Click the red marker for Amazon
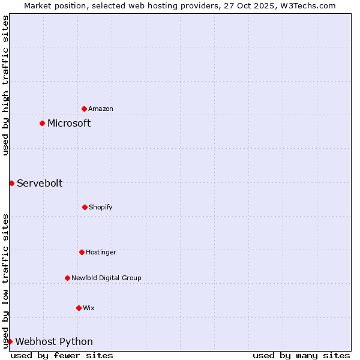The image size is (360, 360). click(x=84, y=109)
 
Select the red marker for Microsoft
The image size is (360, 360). click(x=42, y=123)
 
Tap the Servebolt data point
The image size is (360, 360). click(x=11, y=183)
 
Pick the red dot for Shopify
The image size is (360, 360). click(x=85, y=207)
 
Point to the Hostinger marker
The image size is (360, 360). click(x=82, y=252)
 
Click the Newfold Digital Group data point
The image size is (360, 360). click(x=67, y=278)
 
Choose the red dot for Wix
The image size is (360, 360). click(x=79, y=308)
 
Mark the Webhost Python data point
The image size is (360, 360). click(x=10, y=341)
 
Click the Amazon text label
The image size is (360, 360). click(x=101, y=109)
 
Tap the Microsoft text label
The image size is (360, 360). click(x=69, y=123)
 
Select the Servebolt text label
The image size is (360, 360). click(x=40, y=183)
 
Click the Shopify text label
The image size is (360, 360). click(x=101, y=207)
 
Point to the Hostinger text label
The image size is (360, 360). click(x=101, y=252)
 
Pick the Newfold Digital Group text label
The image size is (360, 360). click(x=106, y=278)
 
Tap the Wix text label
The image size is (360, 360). click(x=89, y=308)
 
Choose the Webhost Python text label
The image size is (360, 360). click(x=54, y=341)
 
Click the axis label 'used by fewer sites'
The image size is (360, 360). click(x=62, y=355)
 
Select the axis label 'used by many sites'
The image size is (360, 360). click(x=301, y=355)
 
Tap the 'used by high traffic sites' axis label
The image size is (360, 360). click(x=5, y=85)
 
